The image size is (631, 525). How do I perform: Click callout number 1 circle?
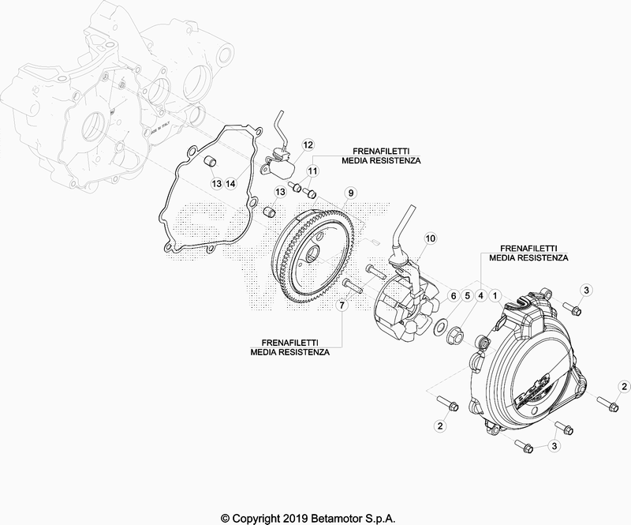tap(495, 296)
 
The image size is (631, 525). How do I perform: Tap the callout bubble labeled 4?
tap(480, 296)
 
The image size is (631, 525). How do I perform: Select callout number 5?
tap(467, 296)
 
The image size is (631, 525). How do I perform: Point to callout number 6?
tap(453, 296)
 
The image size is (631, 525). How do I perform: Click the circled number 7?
tap(342, 306)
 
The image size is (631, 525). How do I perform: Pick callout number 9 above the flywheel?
tap(350, 193)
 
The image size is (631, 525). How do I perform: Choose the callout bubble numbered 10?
tap(430, 238)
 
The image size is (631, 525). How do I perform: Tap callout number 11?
tap(312, 171)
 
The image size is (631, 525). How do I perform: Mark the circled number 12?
tap(308, 144)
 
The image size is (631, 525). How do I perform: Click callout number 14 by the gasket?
tap(230, 183)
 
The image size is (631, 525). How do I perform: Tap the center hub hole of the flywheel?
tap(312, 255)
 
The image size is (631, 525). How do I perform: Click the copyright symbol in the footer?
tap(226, 518)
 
